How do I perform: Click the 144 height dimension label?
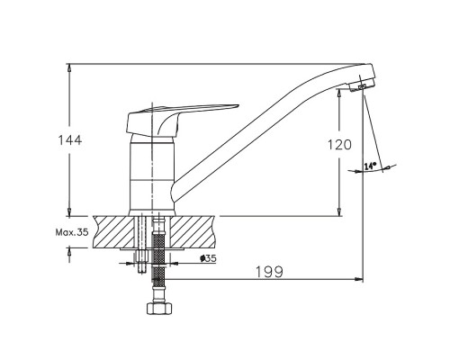tap(70, 140)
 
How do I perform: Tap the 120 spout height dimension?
tap(339, 145)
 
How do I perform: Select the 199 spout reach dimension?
tap(269, 272)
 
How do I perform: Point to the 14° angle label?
tap(370, 166)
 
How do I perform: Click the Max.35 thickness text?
tap(72, 232)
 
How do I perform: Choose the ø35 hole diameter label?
tap(208, 258)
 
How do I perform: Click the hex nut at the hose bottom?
tap(160, 309)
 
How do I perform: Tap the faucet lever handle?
tap(180, 119)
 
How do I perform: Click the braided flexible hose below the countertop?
tap(159, 258)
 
